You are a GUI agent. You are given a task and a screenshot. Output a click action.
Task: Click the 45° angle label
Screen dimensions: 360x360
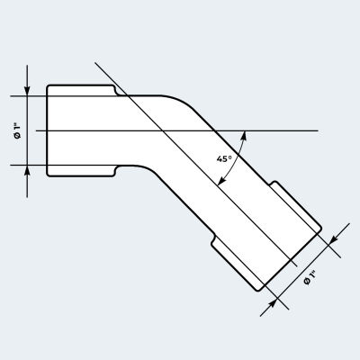(x=224, y=158)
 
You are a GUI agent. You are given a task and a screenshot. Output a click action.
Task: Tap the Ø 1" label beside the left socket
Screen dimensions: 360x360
(x=18, y=131)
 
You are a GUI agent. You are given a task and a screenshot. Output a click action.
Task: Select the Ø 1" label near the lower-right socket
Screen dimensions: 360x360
(x=310, y=277)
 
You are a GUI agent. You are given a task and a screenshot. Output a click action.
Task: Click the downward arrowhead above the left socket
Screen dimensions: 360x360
(x=27, y=90)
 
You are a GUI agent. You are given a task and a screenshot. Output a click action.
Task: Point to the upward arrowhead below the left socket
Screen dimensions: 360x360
(x=27, y=171)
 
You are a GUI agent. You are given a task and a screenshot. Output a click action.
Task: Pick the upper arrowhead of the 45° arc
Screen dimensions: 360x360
(x=244, y=136)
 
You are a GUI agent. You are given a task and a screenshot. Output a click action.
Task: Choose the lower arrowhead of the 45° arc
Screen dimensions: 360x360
(x=221, y=181)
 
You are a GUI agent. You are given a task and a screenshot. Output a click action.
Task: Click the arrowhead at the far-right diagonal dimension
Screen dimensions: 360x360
(x=333, y=240)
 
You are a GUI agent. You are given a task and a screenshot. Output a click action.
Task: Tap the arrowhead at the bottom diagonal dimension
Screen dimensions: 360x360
(x=272, y=304)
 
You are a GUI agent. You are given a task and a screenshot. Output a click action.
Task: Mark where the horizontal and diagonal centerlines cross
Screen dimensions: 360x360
(x=163, y=130)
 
